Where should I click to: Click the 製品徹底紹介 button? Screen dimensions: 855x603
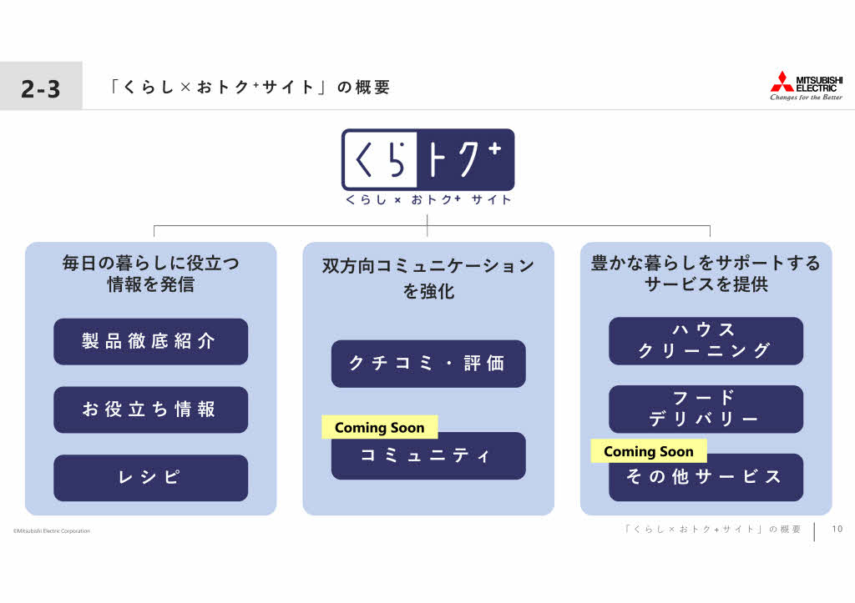pos(150,342)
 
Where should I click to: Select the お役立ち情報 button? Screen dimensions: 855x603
pos(150,410)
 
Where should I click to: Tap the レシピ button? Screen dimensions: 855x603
pos(150,478)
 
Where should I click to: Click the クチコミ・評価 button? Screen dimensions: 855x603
pos(428,364)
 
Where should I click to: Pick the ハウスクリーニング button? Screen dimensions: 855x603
pos(706,341)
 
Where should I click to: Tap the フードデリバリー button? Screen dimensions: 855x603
pos(706,409)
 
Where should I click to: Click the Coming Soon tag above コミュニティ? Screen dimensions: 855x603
pos(380,428)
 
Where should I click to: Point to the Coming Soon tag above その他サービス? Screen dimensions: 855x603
pos(649,451)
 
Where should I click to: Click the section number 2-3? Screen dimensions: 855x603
pos(41,88)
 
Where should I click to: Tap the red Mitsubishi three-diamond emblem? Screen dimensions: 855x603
pos(782,82)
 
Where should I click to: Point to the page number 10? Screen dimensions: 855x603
pos(837,529)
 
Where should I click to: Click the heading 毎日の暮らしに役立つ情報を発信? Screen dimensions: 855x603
pos(151,274)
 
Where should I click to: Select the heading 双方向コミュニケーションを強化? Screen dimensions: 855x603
pos(428,278)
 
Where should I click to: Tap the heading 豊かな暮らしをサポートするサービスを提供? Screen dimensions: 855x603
pos(706,274)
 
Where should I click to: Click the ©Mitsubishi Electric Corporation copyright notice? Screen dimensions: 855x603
pos(52,530)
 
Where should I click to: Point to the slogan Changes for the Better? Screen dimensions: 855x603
pos(806,98)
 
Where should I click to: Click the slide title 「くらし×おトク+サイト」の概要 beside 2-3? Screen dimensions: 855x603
pos(249,87)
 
